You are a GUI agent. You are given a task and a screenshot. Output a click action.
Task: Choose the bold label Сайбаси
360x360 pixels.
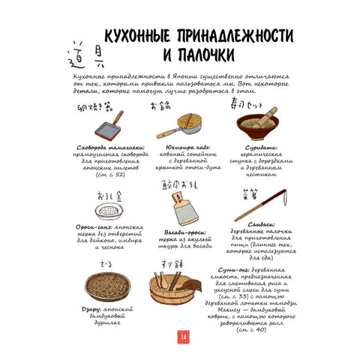pyautogui.click(x=259, y=223)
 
